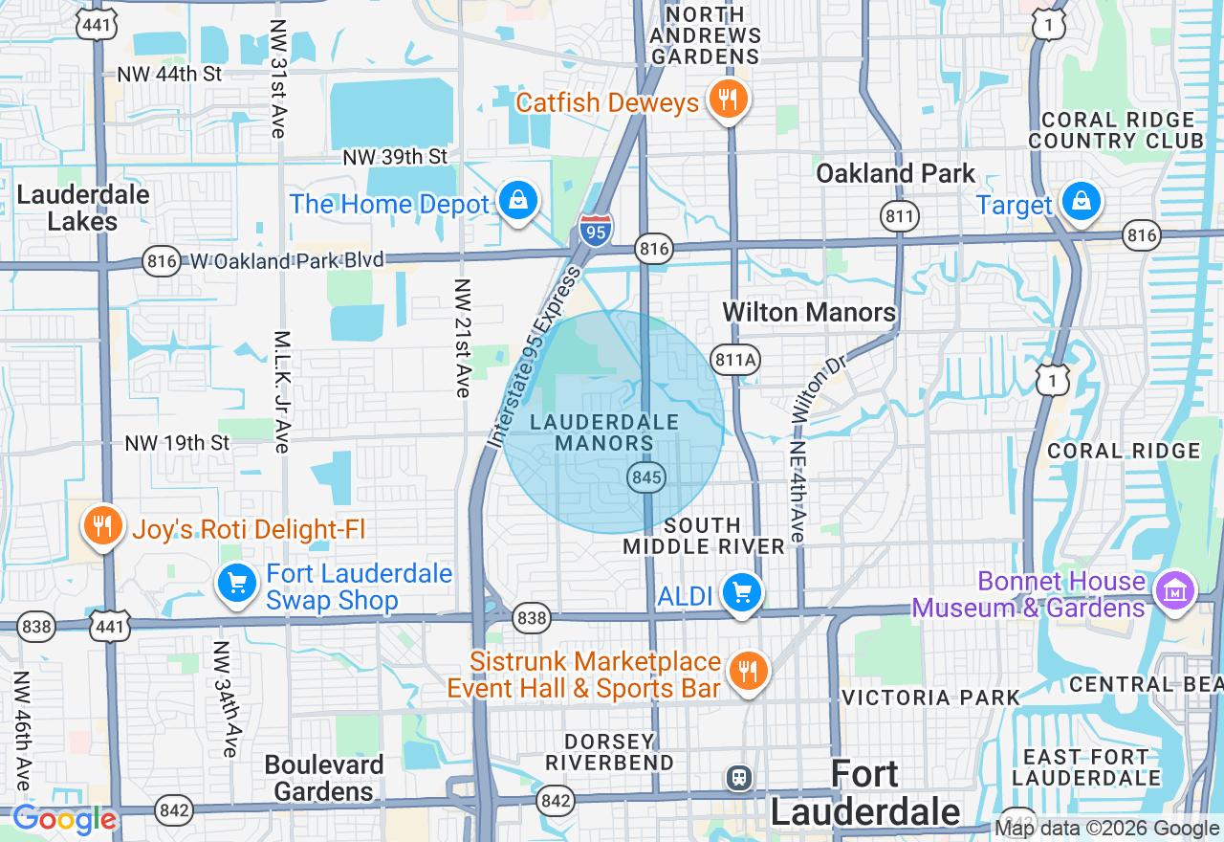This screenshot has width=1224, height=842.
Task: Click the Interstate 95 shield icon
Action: tap(596, 231)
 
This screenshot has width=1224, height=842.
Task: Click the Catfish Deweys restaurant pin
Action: tap(728, 99)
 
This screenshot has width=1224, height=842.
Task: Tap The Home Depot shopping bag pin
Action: tap(517, 201)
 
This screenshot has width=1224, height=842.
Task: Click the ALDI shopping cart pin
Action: tap(741, 593)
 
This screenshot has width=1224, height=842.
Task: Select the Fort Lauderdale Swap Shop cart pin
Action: tap(236, 584)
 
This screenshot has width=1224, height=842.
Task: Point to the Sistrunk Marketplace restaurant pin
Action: tap(748, 672)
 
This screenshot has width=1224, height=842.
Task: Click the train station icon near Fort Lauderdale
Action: tap(739, 777)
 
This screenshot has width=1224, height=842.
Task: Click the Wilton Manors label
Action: tap(809, 312)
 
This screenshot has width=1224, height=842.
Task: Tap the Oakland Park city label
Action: tap(895, 173)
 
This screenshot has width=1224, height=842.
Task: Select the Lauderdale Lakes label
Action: tap(83, 208)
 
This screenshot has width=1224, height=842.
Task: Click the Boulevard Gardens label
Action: tap(324, 778)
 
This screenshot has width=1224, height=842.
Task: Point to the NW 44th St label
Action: tap(169, 74)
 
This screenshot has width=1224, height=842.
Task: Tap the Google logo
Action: tap(64, 819)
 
